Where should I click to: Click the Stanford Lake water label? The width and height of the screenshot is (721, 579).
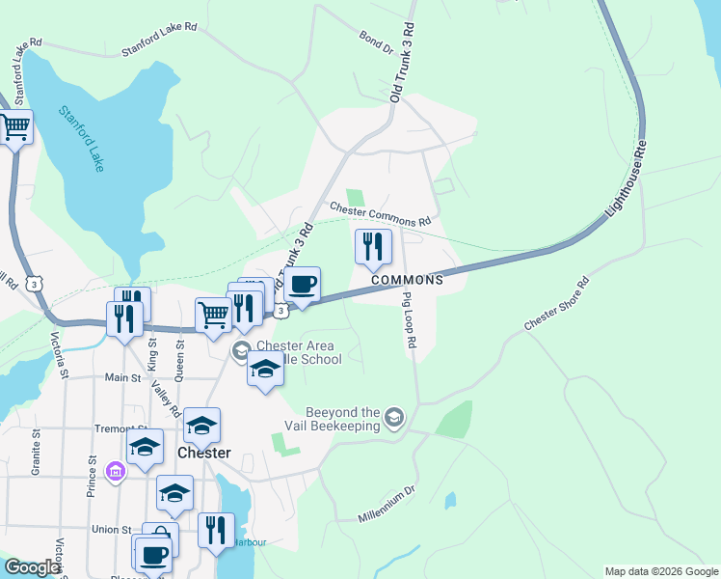click(x=81, y=139)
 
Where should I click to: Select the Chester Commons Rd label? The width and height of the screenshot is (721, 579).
click(x=380, y=214)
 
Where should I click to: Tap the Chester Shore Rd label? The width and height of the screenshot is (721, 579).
click(x=556, y=307)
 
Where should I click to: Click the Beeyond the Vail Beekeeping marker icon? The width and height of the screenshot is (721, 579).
click(x=393, y=418)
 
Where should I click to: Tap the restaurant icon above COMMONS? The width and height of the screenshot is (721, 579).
click(x=373, y=247)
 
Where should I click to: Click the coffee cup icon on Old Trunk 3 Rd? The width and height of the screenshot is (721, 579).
click(x=303, y=285)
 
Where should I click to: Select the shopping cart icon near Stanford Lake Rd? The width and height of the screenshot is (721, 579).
click(x=14, y=127)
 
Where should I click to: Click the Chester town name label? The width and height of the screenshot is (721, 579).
click(x=204, y=453)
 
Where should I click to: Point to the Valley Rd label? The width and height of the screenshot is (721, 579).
click(x=165, y=398)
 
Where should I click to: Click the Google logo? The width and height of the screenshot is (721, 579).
click(x=32, y=568)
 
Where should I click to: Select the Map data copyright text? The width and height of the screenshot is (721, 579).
click(x=661, y=571)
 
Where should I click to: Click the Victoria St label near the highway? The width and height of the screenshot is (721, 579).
click(x=60, y=355)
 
